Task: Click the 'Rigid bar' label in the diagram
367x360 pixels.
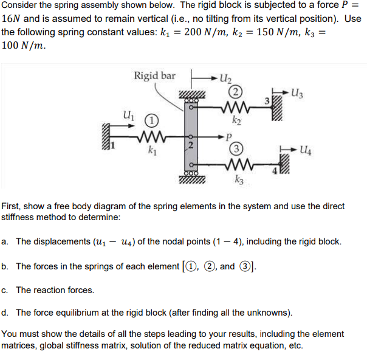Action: (x=154, y=76)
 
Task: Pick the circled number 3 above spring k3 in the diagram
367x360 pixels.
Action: (x=234, y=148)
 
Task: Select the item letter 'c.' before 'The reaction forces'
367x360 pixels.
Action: (x=5, y=290)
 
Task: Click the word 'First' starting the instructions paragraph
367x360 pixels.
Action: (x=13, y=206)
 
